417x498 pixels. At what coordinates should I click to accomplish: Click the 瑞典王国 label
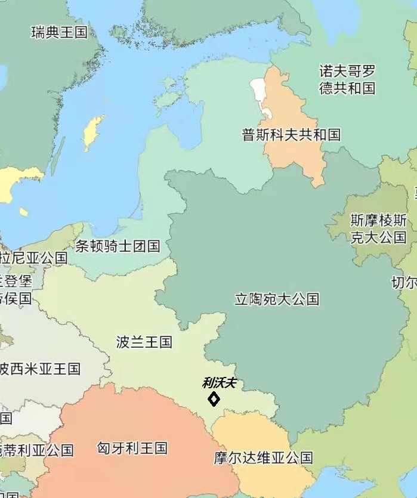coord(59,32)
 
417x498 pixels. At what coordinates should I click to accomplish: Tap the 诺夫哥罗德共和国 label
coord(347,80)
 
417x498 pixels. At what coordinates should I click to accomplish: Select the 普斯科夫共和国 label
coord(291,135)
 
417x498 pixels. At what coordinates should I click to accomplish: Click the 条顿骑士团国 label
coord(118,246)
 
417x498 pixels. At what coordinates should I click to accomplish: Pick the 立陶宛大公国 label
coord(277,299)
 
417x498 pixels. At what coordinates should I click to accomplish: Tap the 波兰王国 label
coord(144,342)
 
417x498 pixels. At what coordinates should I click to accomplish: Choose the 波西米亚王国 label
coord(39,369)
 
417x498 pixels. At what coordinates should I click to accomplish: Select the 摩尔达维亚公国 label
coord(263,458)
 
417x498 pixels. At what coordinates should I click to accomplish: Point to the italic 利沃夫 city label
coord(219,383)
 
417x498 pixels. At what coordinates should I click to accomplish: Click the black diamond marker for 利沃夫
coord(214,399)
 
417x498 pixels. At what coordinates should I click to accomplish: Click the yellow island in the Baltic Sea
coord(93,132)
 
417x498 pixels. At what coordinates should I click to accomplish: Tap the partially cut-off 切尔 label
coord(404,282)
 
